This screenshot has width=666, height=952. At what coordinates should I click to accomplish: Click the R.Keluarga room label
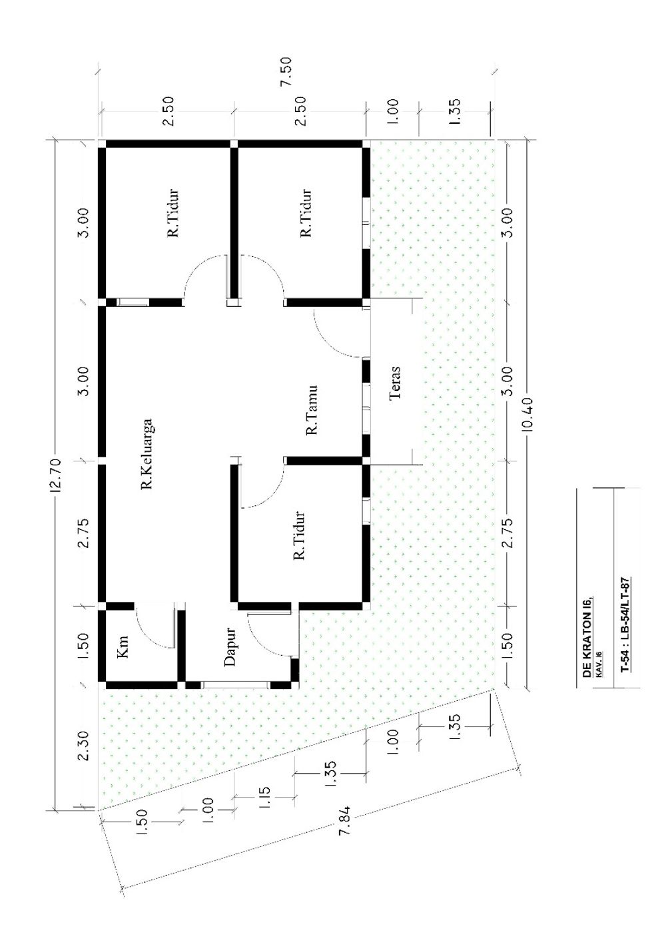[x=147, y=454]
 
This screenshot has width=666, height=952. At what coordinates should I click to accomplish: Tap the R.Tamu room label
[x=312, y=410]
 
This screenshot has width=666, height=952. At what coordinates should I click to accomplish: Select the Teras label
[x=395, y=383]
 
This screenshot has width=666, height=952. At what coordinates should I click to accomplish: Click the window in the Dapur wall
[x=236, y=684]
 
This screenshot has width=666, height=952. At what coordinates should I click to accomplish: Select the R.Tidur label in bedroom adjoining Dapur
[x=300, y=536]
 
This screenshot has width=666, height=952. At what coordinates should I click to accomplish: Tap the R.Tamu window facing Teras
[x=366, y=408]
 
